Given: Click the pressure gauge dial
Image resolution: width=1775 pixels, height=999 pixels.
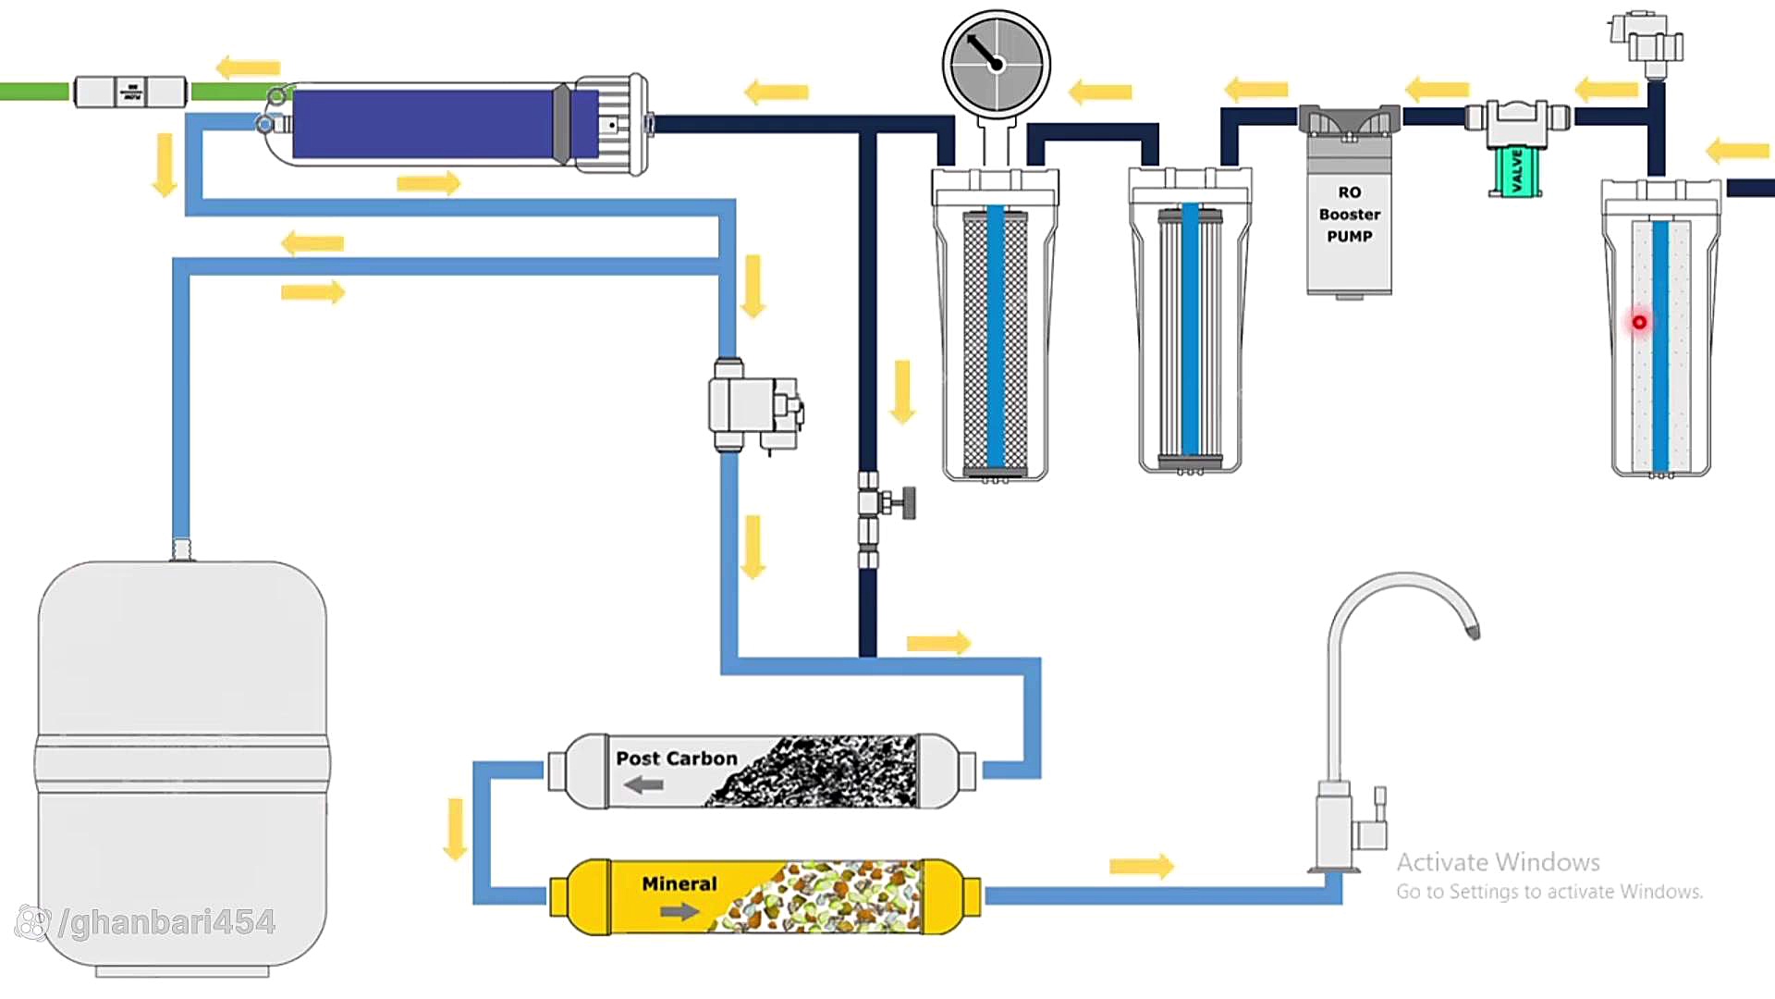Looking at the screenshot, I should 996,64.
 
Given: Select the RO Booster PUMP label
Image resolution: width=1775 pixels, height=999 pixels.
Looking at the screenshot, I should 1349,215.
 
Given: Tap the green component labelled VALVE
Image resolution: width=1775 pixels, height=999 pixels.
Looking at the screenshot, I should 1516,171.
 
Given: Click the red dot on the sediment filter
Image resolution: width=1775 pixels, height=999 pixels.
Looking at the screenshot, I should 1639,322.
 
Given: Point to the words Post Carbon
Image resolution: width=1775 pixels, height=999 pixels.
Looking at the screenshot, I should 676,758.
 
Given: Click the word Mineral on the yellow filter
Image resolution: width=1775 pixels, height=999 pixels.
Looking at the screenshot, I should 679,883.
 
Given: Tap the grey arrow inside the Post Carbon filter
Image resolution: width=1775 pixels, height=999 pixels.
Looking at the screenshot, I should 643,784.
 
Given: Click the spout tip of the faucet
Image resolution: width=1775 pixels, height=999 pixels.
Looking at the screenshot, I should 1473,631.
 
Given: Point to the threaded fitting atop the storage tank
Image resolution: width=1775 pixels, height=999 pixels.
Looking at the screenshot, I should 182,549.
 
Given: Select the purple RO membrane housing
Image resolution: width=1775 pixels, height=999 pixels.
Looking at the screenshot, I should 425,124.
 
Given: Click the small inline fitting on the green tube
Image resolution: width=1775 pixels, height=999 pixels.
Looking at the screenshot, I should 130,92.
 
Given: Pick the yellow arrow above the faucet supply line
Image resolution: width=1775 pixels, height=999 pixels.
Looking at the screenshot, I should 1141,866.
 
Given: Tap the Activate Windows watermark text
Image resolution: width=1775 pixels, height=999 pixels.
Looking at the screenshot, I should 1498,862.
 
